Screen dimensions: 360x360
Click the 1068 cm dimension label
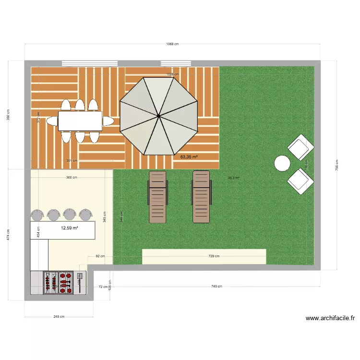click(172, 44)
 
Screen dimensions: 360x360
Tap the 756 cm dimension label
click(336, 168)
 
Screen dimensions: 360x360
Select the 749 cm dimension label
click(216, 287)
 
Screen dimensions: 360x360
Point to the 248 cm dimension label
click(59, 317)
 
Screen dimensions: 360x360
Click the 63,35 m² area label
click(189, 156)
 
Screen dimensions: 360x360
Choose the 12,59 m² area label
click(70, 228)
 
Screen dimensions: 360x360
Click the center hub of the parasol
click(158, 116)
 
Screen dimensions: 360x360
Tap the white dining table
click(80, 121)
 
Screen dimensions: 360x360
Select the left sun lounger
click(158, 197)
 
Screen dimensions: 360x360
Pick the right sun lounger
click(202, 197)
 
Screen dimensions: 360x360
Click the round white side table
click(282, 164)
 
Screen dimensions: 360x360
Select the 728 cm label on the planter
click(214, 256)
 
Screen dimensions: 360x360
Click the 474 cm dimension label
click(9, 235)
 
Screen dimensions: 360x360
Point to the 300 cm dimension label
click(71, 178)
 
